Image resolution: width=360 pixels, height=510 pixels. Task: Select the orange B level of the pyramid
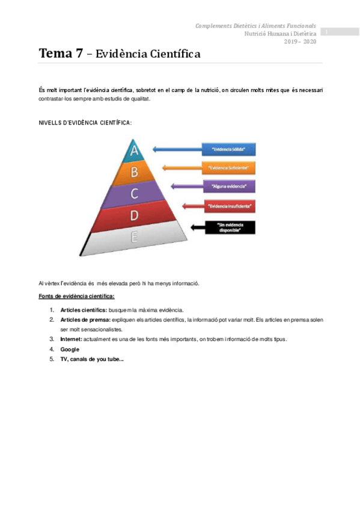134,172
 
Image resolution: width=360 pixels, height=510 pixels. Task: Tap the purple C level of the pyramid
134,193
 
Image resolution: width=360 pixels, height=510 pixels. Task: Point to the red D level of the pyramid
134,215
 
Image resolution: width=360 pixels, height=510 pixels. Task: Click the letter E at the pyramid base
134,237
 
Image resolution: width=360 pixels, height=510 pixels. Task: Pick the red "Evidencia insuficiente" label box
229,206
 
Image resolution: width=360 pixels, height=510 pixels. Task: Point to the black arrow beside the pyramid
196,227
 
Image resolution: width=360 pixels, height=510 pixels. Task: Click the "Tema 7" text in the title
61,54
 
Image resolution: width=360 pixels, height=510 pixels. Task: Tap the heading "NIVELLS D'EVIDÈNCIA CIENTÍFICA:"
84,123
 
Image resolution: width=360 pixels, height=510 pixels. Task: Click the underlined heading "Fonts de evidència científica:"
76,296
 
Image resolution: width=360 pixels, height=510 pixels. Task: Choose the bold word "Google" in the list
70,349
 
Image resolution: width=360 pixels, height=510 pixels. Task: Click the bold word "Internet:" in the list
71,339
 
